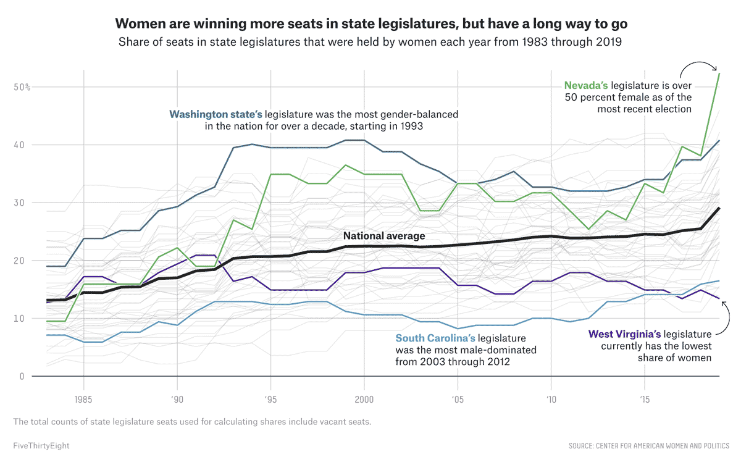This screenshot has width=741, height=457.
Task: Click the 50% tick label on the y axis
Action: [22, 87]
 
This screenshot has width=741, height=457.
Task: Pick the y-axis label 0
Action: [22, 376]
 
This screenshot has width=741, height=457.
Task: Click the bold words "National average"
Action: [384, 235]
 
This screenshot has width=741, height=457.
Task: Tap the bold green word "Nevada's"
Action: [586, 85]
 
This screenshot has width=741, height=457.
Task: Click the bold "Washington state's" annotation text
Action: [216, 114]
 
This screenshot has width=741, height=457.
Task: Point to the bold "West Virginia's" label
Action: [627, 334]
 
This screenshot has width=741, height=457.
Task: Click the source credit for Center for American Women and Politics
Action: [649, 445]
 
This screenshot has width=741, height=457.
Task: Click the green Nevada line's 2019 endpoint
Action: [719, 73]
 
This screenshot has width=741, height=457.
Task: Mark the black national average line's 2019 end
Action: [719, 208]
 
